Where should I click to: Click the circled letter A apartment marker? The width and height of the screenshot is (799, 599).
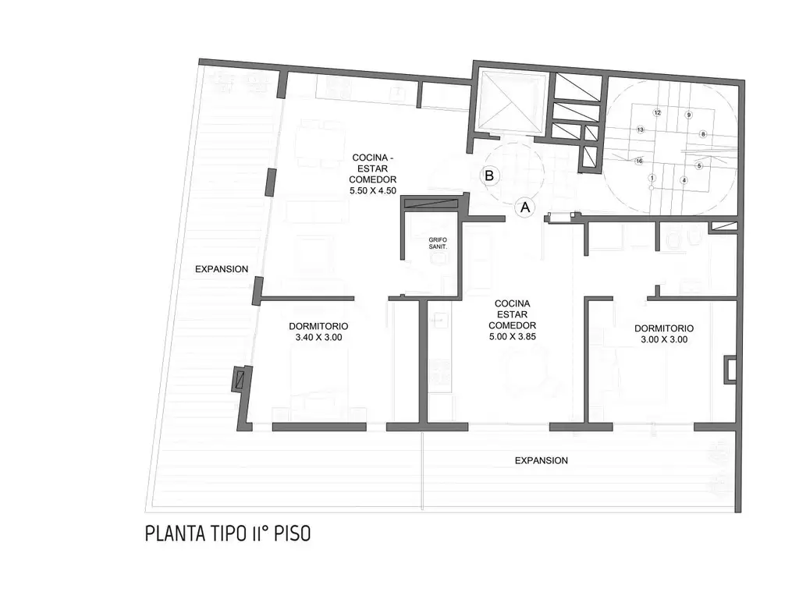click(x=524, y=207)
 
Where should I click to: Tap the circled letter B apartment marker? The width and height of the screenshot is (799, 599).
click(x=489, y=175)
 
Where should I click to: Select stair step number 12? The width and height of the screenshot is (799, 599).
click(x=657, y=112)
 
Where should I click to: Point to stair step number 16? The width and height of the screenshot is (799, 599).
click(x=639, y=161)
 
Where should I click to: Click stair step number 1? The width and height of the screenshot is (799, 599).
click(x=652, y=178)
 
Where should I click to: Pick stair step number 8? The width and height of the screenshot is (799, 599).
click(x=703, y=134)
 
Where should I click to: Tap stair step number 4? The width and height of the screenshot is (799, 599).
click(x=684, y=180)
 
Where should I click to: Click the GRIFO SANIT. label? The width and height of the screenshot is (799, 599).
click(x=438, y=243)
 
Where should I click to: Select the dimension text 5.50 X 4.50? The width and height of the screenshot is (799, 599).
click(x=373, y=191)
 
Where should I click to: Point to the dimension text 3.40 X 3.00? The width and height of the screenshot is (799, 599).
click(x=318, y=337)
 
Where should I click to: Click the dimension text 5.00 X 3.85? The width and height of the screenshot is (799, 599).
click(x=512, y=336)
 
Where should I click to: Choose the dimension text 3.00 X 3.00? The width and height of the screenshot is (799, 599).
click(x=664, y=339)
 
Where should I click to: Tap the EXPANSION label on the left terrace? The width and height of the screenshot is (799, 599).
click(x=222, y=269)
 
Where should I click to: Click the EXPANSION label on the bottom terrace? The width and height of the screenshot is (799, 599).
click(x=542, y=460)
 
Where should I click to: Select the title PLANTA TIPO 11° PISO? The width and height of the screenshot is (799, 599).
click(x=228, y=533)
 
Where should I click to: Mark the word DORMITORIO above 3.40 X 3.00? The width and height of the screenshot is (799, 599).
click(x=318, y=326)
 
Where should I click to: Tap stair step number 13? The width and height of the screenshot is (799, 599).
click(x=640, y=129)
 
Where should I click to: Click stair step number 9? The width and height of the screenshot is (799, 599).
click(x=688, y=115)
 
